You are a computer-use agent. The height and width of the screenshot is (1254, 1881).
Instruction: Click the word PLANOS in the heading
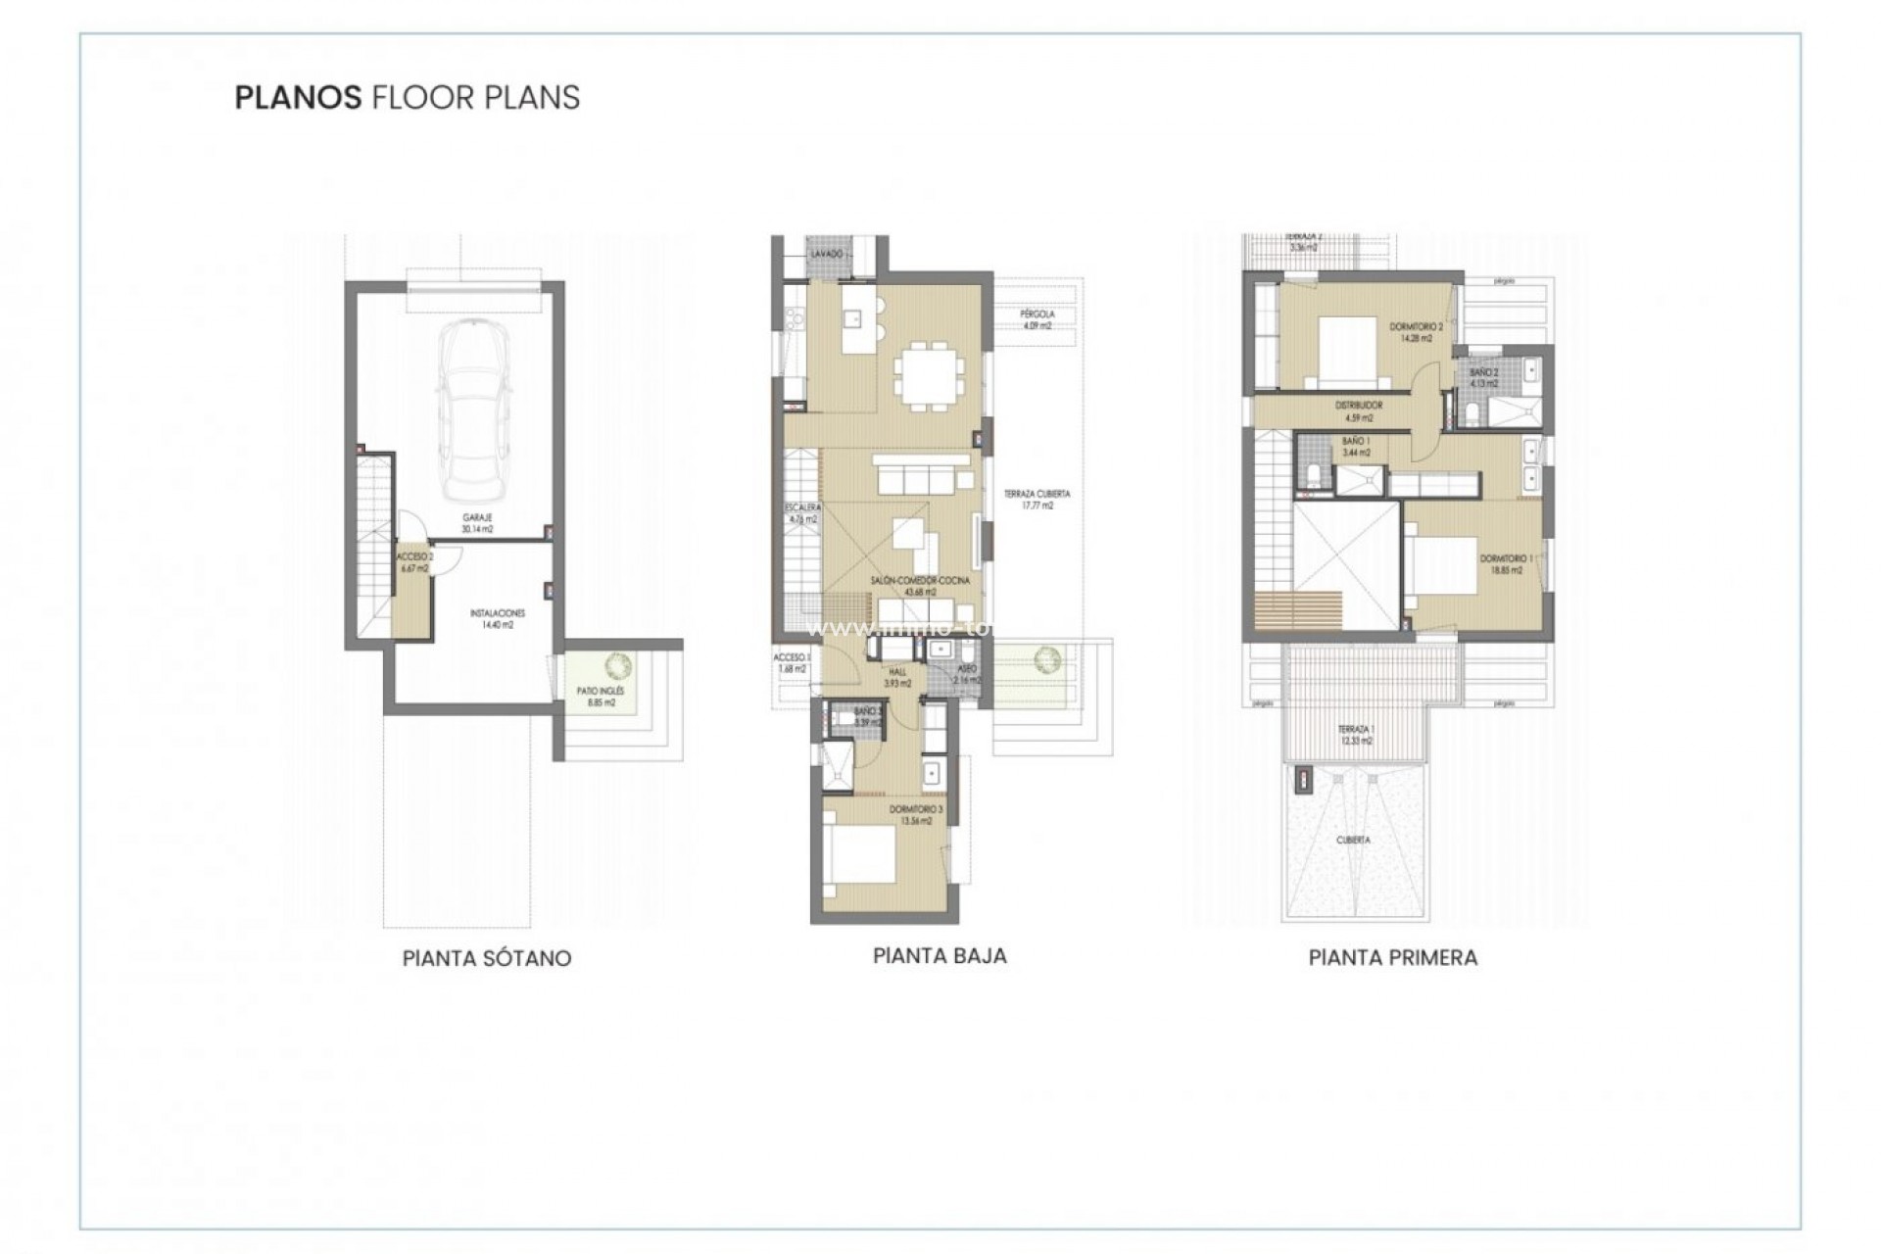(298, 98)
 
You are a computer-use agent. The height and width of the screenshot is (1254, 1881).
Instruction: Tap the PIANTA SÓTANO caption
(487, 958)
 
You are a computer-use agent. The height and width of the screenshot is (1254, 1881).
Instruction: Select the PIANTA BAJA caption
(940, 955)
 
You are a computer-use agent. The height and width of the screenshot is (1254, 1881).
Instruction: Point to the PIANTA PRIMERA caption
(1392, 958)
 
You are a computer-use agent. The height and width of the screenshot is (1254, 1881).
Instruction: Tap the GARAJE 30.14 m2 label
(478, 522)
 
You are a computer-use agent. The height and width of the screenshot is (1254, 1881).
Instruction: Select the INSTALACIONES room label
(497, 618)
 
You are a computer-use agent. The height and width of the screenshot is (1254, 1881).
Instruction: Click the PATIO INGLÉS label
(601, 697)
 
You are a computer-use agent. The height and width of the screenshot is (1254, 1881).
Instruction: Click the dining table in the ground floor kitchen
(928, 374)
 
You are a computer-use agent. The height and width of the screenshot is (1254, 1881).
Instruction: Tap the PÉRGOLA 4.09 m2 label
(1037, 319)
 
